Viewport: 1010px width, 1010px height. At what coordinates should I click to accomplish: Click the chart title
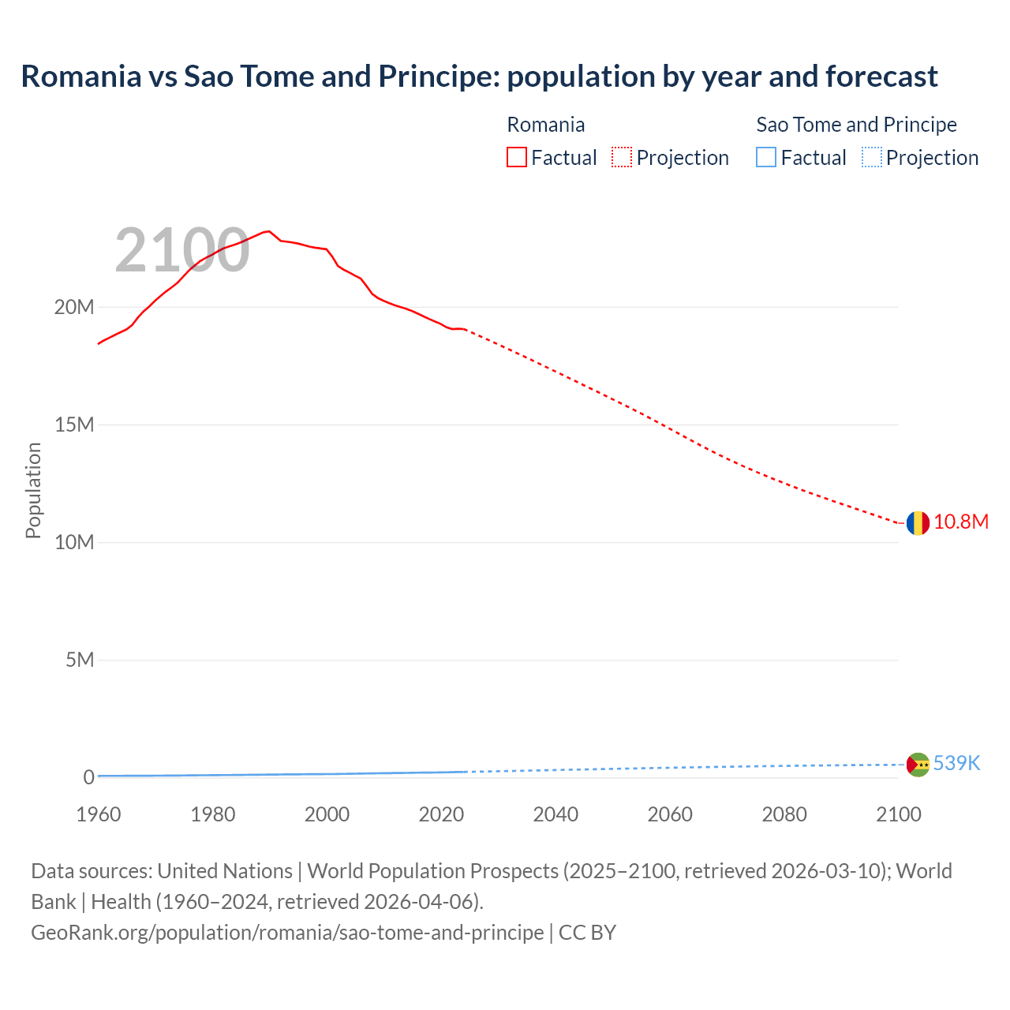(479, 77)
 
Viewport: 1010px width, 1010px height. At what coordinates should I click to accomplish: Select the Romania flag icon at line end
(917, 522)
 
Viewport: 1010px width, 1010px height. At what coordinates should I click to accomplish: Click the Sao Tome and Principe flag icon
(918, 764)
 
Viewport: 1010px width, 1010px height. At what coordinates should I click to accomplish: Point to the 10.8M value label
(960, 522)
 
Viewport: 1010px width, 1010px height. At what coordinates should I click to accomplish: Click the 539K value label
(956, 763)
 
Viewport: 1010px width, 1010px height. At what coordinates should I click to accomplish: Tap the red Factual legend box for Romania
(517, 158)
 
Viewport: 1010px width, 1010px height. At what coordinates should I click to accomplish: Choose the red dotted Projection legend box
(622, 158)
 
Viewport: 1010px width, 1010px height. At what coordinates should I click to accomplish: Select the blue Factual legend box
(766, 158)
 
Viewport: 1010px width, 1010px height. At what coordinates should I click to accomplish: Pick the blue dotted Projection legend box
(872, 158)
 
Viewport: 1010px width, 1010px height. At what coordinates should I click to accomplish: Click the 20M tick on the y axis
(74, 308)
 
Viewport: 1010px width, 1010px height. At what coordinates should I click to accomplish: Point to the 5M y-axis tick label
(80, 660)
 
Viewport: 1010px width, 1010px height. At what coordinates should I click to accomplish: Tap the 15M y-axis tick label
(74, 425)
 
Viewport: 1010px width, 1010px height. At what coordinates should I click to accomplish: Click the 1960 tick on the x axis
(99, 814)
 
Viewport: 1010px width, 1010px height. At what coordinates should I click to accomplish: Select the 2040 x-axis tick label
(555, 814)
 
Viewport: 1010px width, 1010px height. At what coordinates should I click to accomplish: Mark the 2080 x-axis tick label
(784, 814)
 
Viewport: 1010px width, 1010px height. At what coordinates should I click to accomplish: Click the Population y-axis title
(33, 490)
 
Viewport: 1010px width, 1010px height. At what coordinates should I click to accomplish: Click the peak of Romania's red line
(269, 231)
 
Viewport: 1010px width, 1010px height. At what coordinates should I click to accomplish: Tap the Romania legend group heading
(545, 125)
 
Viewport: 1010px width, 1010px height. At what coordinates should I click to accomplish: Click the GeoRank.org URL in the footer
(287, 933)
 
